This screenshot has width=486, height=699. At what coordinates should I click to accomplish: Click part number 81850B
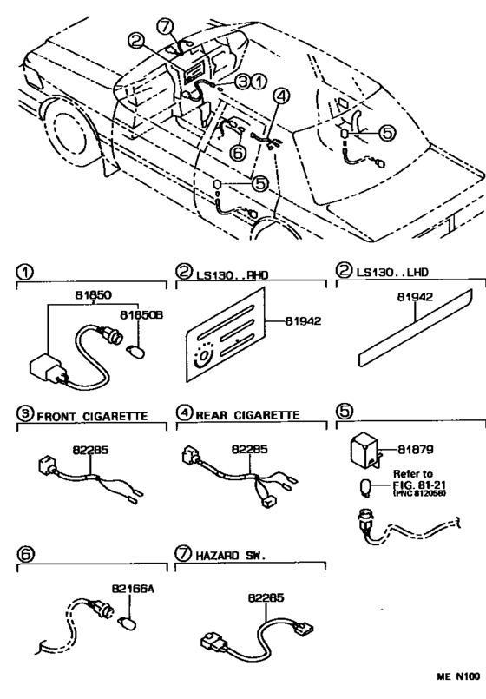pyautogui.click(x=141, y=315)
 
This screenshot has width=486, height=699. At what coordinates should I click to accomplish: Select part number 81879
pyautogui.click(x=415, y=450)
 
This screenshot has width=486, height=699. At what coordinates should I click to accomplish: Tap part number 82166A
pyautogui.click(x=133, y=590)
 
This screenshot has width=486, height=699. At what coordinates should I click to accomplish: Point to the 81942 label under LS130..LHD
pyautogui.click(x=415, y=297)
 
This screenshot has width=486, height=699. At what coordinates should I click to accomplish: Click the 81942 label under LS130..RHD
pyautogui.click(x=303, y=321)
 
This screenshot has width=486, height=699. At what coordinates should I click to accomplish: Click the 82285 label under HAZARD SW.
pyautogui.click(x=266, y=597)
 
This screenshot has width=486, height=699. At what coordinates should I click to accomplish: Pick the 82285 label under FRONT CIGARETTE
pyautogui.click(x=90, y=450)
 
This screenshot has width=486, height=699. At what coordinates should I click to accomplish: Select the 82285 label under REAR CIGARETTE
pyautogui.click(x=249, y=450)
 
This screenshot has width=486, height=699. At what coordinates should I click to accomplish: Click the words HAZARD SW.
pyautogui.click(x=230, y=556)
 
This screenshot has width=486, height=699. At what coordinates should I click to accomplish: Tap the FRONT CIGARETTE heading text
pyautogui.click(x=92, y=417)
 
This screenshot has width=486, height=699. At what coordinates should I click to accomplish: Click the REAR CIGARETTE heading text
pyautogui.click(x=247, y=415)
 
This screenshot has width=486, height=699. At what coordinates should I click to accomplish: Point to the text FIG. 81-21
pyautogui.click(x=420, y=485)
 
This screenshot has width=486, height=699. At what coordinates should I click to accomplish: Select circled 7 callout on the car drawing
pyautogui.click(x=165, y=27)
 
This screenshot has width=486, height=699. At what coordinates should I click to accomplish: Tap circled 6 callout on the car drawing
pyautogui.click(x=238, y=153)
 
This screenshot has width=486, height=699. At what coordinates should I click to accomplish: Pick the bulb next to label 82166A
pyautogui.click(x=127, y=622)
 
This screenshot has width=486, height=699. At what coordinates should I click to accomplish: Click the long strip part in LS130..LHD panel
pyautogui.click(x=415, y=327)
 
